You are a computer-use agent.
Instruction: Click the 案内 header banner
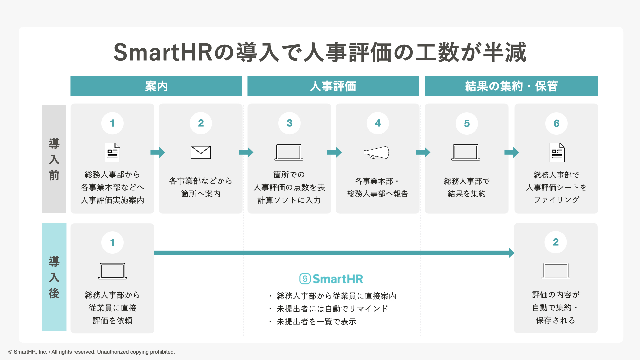[156, 86]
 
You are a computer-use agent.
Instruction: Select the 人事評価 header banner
[333, 86]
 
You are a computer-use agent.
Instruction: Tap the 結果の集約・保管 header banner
[511, 86]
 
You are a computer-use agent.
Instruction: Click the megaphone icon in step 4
[376, 152]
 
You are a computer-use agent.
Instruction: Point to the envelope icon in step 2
[201, 152]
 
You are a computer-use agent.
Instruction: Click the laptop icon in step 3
[289, 152]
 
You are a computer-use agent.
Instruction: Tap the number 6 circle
[556, 123]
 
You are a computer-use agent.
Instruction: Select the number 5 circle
[467, 123]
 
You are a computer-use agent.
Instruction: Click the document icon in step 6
[557, 152]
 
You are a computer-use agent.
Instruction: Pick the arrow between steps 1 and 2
[158, 152]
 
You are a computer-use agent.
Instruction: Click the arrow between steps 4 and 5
[423, 152]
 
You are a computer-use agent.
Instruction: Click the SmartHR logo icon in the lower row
[305, 279]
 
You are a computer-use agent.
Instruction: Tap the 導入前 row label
[54, 159]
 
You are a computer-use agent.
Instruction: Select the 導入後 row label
[54, 277]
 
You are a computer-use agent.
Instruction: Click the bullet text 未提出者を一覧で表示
[316, 322]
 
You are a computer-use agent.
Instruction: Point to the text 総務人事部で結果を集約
[467, 187]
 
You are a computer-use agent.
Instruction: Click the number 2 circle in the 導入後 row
[556, 242]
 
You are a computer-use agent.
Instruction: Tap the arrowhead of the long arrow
[511, 253]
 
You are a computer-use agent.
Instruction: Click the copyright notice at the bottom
[92, 352]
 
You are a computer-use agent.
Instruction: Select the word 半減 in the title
[505, 53]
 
